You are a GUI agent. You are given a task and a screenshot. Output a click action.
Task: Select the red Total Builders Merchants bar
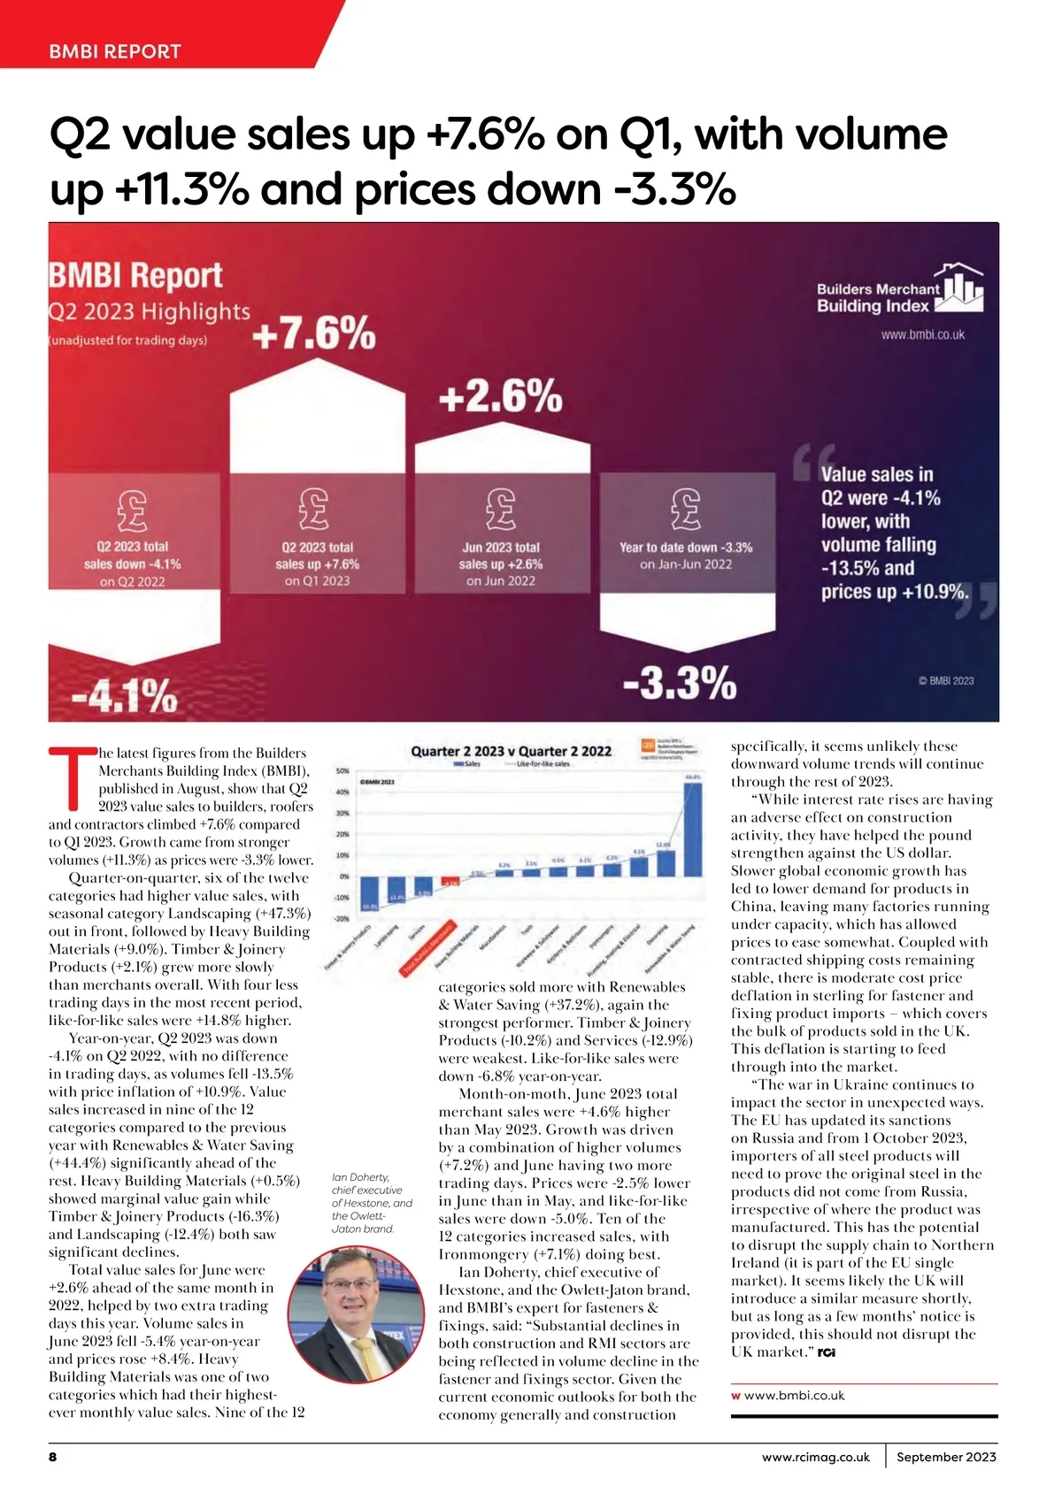click(450, 882)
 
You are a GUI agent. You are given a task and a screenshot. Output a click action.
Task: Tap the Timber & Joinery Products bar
click(370, 893)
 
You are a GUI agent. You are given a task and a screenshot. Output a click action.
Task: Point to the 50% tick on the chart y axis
click(343, 771)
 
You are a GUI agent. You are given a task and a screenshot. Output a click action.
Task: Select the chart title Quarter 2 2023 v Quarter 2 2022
click(511, 751)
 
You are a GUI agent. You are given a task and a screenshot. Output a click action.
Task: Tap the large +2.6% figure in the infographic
click(500, 397)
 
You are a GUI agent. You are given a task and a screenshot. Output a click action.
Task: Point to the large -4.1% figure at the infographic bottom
click(124, 696)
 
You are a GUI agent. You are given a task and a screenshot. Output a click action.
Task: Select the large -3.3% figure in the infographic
click(680, 683)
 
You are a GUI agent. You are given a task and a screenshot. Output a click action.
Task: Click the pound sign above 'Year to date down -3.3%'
click(686, 508)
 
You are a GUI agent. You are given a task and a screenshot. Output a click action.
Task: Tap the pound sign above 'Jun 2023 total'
click(500, 508)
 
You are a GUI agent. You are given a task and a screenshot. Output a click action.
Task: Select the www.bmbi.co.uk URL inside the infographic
click(922, 335)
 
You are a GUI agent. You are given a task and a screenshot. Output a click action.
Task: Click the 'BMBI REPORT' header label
click(115, 51)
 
